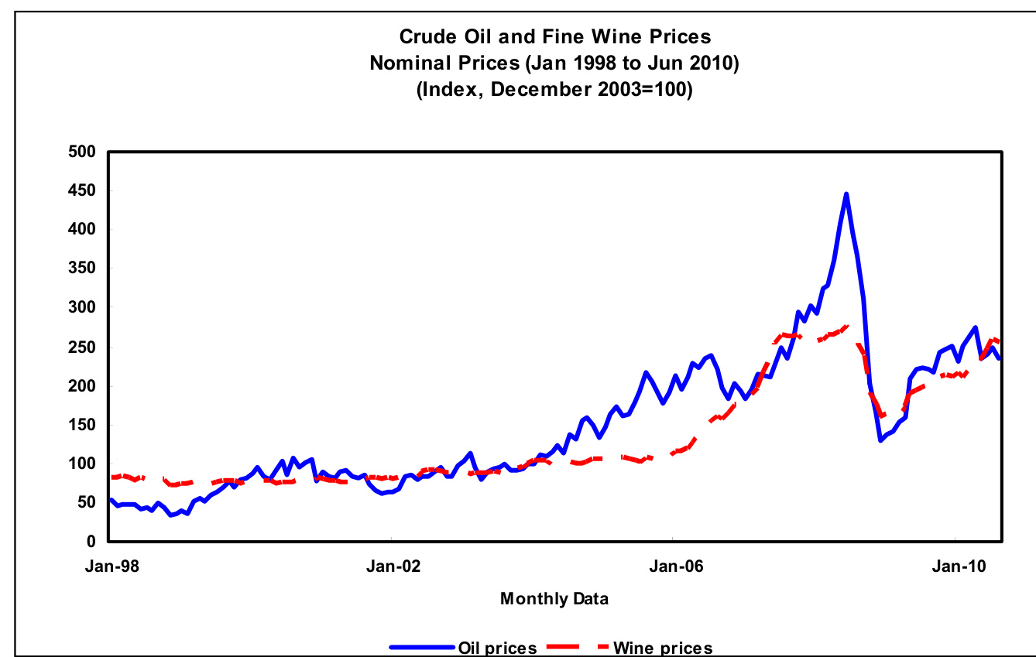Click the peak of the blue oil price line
846,193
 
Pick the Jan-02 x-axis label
393,566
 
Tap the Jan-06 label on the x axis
674,566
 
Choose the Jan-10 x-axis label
955,566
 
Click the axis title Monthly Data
554,598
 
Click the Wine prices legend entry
662,648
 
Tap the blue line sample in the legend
421,648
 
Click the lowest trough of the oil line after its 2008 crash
880,440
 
